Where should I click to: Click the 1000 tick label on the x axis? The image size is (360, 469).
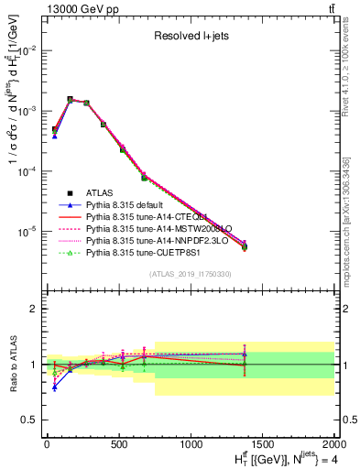coord(191,444)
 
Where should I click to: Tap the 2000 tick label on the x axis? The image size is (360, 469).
coord(334,444)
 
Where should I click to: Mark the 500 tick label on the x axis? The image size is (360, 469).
coord(118,444)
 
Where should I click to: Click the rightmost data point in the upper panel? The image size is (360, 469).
coord(244,246)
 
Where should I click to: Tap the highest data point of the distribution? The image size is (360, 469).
coord(71,99)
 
